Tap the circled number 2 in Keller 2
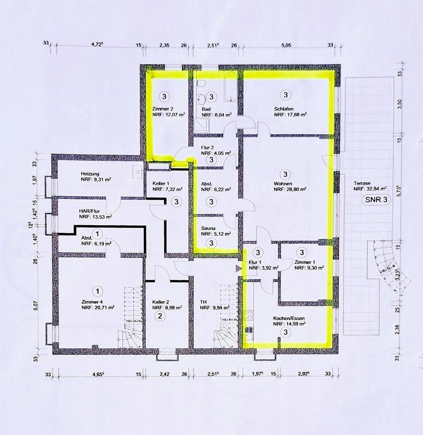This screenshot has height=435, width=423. point(159,316)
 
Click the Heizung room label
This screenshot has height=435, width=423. point(90,173)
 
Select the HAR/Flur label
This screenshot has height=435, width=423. point(89,211)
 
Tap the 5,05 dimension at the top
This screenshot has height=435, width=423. point(285,44)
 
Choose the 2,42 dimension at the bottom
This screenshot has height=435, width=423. point(164,374)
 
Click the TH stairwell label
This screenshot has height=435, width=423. point(203,300)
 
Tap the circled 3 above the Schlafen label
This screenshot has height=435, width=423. point(285,95)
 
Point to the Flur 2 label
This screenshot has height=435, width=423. point(210,147)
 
